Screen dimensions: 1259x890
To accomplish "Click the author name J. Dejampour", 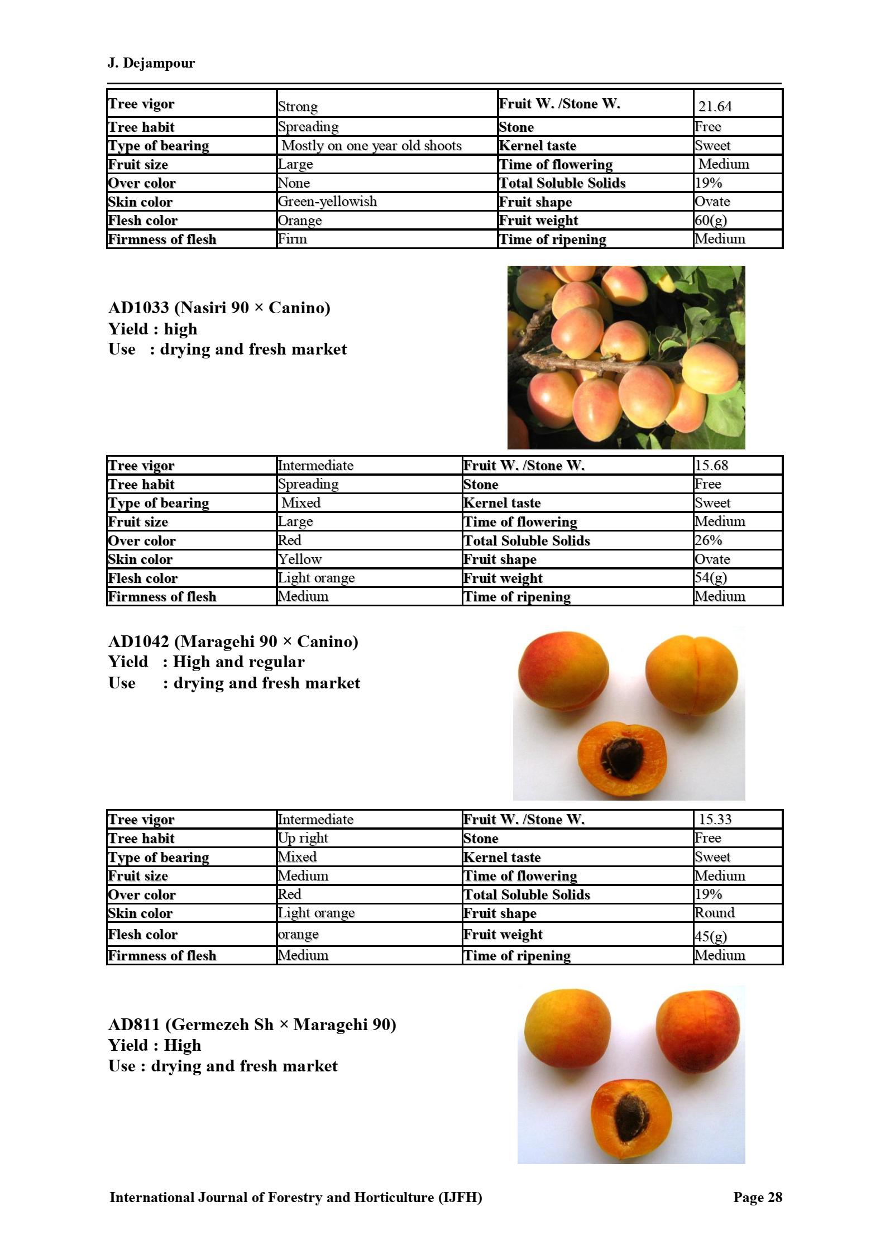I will click(x=151, y=63).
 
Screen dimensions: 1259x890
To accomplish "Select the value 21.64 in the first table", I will click(x=715, y=106).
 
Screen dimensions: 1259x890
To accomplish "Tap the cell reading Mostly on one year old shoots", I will click(x=371, y=146).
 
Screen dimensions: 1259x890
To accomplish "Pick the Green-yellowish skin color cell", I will click(x=327, y=202).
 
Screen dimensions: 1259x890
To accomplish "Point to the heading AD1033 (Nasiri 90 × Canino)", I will click(x=219, y=308).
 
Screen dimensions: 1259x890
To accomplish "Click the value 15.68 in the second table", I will click(x=711, y=466).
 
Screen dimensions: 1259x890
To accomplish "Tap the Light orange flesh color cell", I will click(x=316, y=578).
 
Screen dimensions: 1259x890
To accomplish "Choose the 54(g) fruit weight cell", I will click(x=710, y=578).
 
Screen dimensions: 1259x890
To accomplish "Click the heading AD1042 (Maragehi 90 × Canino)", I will click(x=233, y=642).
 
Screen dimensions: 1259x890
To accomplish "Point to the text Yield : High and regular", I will click(x=206, y=662).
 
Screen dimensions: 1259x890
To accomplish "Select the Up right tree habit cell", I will click(x=303, y=838).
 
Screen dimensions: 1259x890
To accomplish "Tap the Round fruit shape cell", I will click(x=714, y=913).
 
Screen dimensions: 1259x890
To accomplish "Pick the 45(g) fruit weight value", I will click(x=710, y=936).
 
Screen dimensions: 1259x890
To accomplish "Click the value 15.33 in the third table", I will click(x=715, y=820).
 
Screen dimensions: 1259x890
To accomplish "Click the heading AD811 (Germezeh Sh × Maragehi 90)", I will click(x=252, y=1025).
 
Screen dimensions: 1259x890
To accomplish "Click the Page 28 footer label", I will click(x=757, y=1197).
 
